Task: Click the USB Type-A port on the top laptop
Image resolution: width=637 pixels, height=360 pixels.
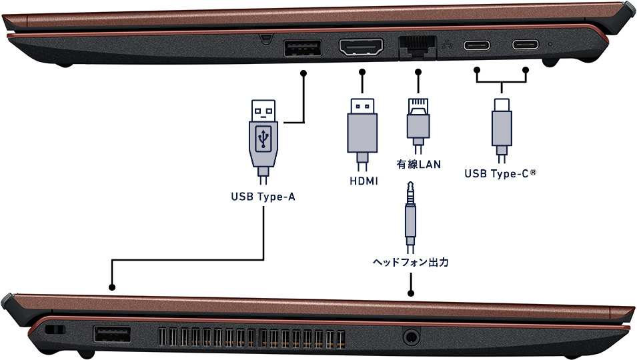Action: pyautogui.click(x=303, y=49)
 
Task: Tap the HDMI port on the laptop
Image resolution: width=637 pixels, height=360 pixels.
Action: pyautogui.click(x=362, y=48)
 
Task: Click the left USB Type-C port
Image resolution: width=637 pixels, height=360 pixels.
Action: pyautogui.click(x=477, y=46)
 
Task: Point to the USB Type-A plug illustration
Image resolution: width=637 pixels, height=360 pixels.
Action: pyautogui.click(x=264, y=137)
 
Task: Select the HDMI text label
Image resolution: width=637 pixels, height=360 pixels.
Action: pyautogui.click(x=364, y=181)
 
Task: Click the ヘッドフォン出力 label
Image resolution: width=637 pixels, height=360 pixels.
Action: pyautogui.click(x=410, y=263)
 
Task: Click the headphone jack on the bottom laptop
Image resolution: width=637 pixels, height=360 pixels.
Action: pyautogui.click(x=411, y=335)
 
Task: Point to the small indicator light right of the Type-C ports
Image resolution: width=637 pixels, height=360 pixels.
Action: pyautogui.click(x=550, y=45)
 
